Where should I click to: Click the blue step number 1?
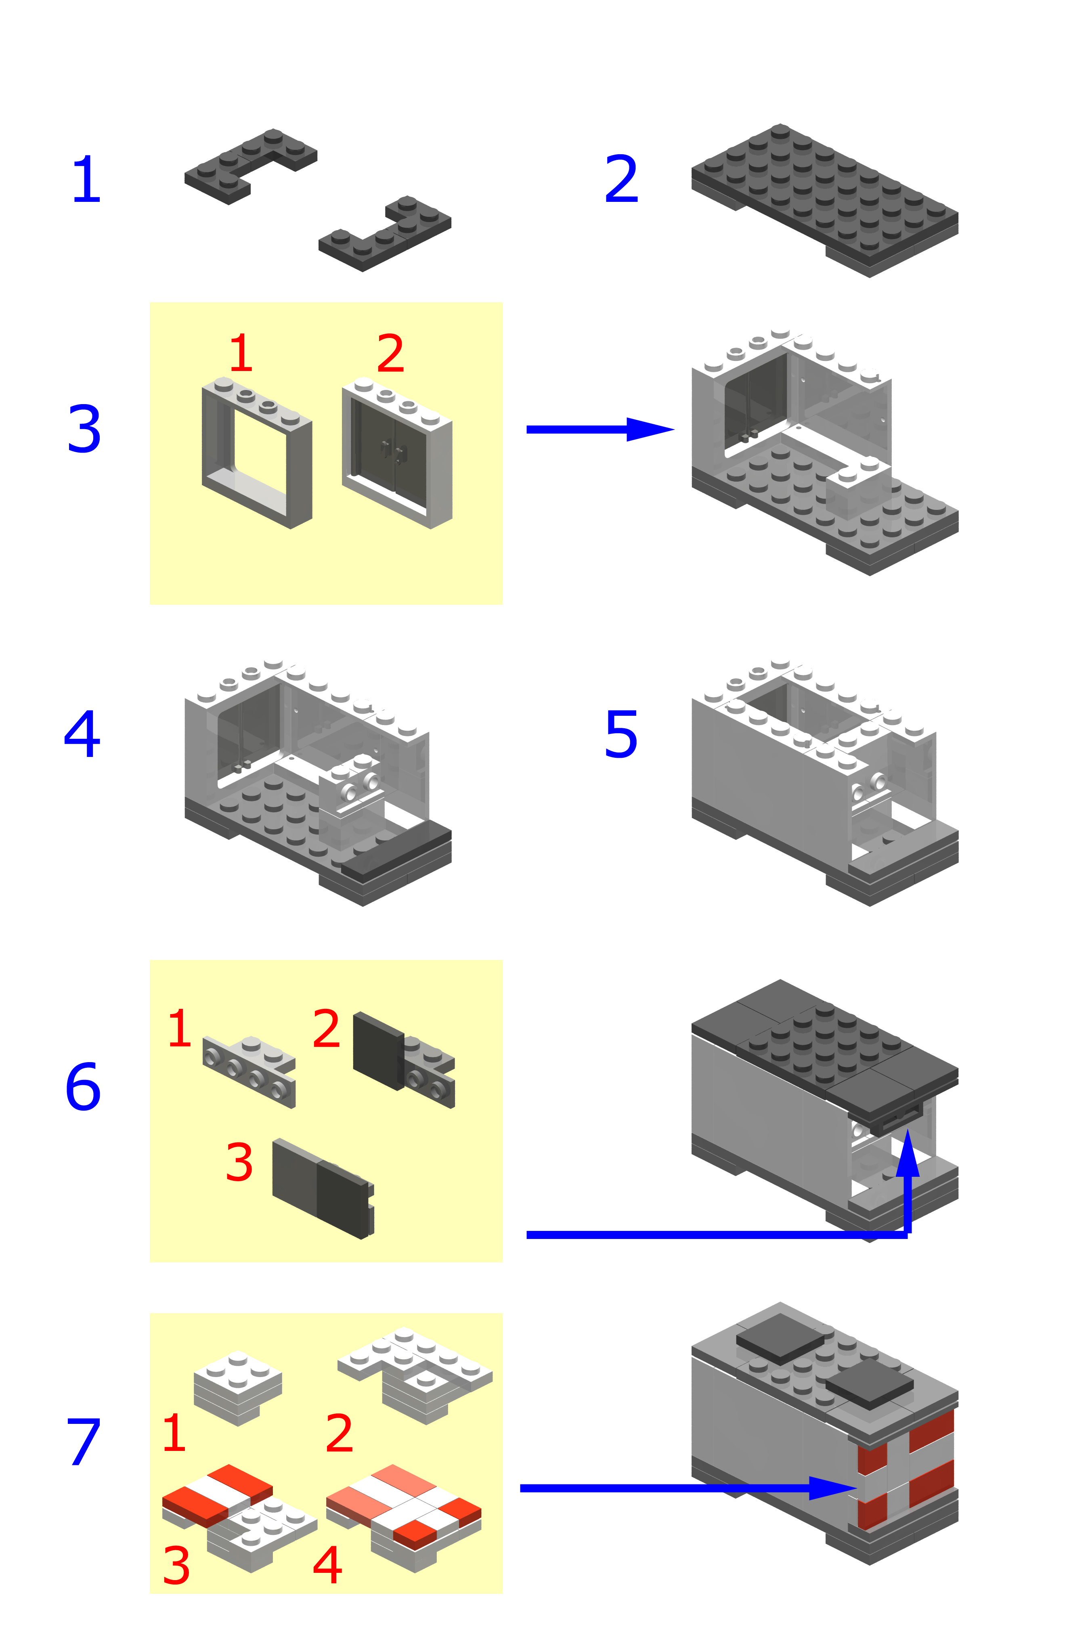(x=87, y=179)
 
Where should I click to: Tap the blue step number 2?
(x=621, y=179)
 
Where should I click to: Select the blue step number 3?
(x=84, y=429)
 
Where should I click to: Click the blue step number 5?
(x=621, y=734)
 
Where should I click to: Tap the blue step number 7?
(x=84, y=1442)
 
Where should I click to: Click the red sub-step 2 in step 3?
(x=391, y=353)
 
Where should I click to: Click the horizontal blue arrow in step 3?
(x=601, y=430)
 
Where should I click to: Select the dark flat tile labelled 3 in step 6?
(x=323, y=1189)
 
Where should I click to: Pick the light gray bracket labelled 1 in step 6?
(x=249, y=1072)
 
